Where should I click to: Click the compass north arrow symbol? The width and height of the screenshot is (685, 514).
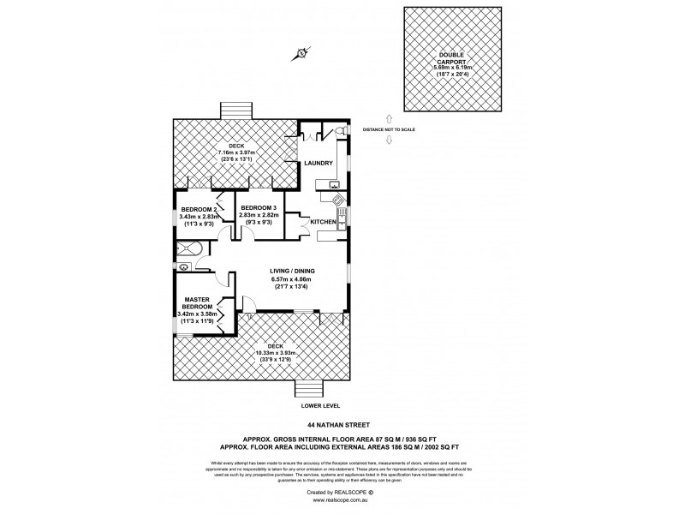pos(302,54)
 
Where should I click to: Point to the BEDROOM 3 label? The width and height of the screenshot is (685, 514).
pos(258,208)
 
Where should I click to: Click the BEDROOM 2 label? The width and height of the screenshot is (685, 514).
pos(198,208)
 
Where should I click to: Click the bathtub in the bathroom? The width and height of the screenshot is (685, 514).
pos(189,249)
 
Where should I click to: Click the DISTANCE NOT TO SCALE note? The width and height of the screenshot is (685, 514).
pos(389,129)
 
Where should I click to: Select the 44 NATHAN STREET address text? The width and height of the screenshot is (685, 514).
pos(342,423)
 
